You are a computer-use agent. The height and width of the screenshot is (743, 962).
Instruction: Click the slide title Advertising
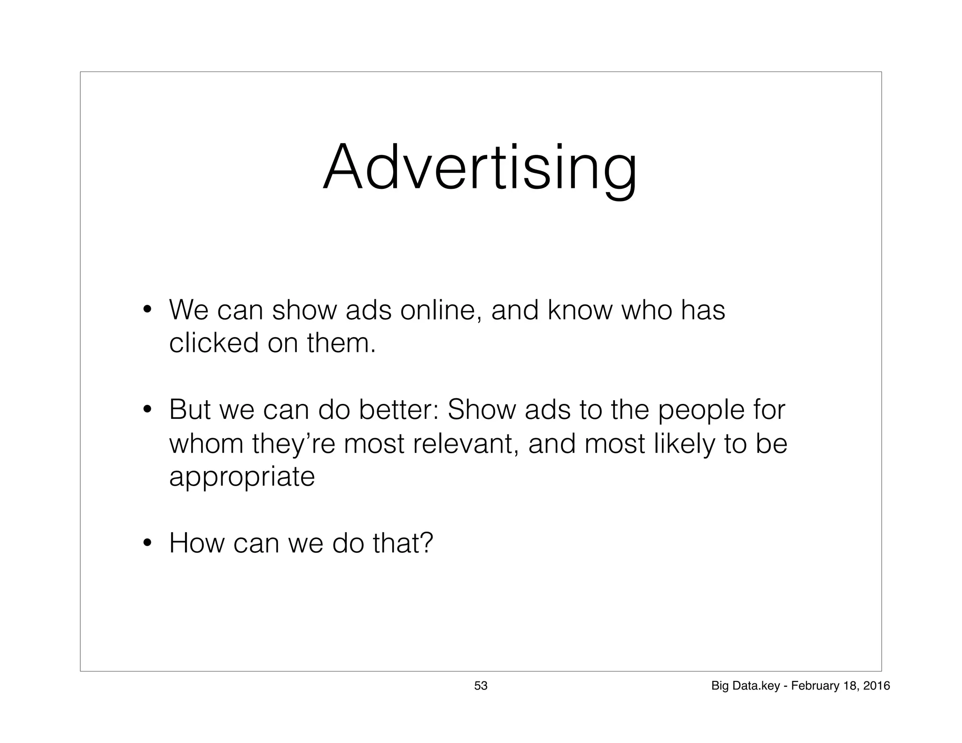pyautogui.click(x=480, y=168)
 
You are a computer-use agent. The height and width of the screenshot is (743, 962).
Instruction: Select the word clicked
pyautogui.click(x=214, y=343)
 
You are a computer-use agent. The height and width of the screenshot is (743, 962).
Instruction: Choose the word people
pyautogui.click(x=700, y=410)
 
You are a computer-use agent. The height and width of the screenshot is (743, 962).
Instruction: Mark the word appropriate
pyautogui.click(x=242, y=477)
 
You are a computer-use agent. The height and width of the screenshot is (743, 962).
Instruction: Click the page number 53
pyautogui.click(x=481, y=686)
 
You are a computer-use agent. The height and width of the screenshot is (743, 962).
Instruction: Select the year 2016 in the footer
pyautogui.click(x=877, y=686)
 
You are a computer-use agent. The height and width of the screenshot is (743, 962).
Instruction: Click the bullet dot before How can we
pyautogui.click(x=147, y=544)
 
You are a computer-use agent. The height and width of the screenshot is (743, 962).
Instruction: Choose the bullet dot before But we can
pyautogui.click(x=147, y=409)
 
